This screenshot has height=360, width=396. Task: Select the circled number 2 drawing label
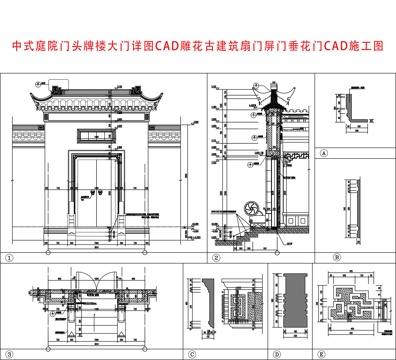214,257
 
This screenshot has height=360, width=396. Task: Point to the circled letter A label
323,153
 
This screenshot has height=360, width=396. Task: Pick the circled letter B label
323,257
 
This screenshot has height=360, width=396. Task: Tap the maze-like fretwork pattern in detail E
354,304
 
